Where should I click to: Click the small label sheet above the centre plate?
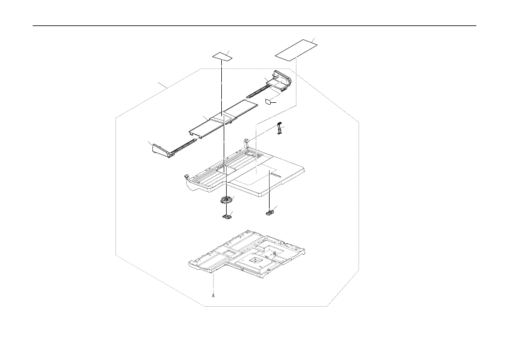coord(222,56)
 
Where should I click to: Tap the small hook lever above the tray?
coord(279,128)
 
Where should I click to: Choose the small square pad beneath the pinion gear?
coord(228,214)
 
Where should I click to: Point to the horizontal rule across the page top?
coord(254,26)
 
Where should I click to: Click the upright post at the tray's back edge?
coord(247,143)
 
